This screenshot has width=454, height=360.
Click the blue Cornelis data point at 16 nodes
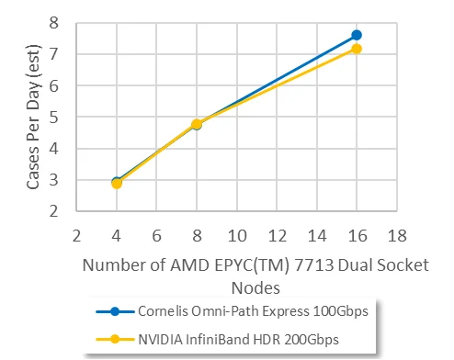point(357,35)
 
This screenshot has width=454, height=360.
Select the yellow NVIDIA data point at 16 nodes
point(357,49)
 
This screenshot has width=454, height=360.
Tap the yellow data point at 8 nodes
point(197,124)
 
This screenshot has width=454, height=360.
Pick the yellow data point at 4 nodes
point(117,184)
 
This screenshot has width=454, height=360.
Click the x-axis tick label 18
point(396,232)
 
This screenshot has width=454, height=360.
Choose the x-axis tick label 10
point(236,232)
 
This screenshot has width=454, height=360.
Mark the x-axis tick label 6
point(157,232)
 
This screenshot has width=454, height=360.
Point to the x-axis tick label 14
point(316,232)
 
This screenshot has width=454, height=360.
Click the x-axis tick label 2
point(77,232)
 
